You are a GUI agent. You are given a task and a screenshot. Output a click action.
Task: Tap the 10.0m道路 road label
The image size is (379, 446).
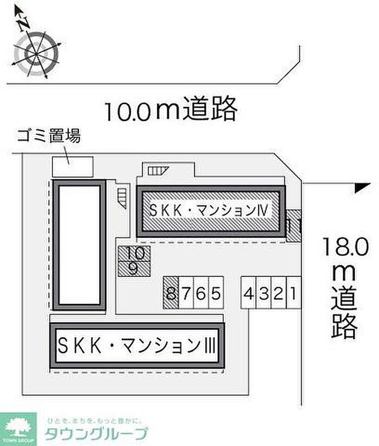pyautogui.click(x=171, y=109)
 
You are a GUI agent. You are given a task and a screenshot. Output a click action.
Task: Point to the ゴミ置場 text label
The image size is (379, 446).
pyautogui.click(x=48, y=136)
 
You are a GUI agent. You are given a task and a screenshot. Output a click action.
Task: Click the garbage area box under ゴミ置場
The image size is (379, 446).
pyautogui.click(x=72, y=166)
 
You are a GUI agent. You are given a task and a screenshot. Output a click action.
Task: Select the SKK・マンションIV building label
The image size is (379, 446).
pyautogui.click(x=210, y=210)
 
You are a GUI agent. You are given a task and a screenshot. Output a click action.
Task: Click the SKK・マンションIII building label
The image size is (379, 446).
pyautogui.click(x=136, y=345)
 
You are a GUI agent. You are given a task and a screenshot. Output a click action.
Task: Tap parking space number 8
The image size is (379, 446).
pyautogui.click(x=171, y=294)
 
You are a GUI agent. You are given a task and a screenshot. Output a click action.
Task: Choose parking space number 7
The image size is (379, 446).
pyautogui.click(x=186, y=294)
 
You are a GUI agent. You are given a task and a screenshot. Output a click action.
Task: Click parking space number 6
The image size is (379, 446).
pyautogui.click(x=200, y=294)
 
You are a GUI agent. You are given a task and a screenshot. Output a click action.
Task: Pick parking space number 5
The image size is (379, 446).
pyautogui.click(x=215, y=294)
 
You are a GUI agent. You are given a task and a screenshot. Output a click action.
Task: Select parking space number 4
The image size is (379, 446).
pyautogui.click(x=249, y=294)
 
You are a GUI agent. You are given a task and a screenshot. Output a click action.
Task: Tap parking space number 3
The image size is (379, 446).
pyautogui.click(x=263, y=294)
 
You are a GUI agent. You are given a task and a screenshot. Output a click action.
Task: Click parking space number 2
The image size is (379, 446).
pyautogui.click(x=278, y=294)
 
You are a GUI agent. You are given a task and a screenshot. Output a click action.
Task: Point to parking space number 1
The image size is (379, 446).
pyautogui.click(x=292, y=294)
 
